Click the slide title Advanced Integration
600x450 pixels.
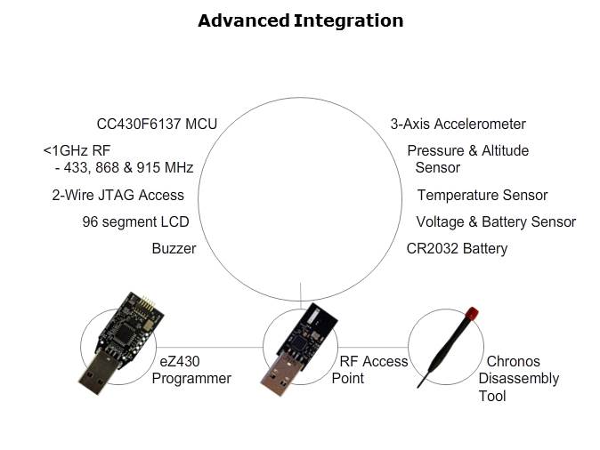pyautogui.click(x=300, y=20)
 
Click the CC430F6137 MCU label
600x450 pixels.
pyautogui.click(x=157, y=125)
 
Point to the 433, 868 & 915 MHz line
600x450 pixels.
pyautogui.click(x=124, y=167)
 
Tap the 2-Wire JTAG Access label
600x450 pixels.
pyautogui.click(x=118, y=195)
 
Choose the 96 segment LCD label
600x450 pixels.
pyautogui.click(x=135, y=221)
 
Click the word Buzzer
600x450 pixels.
pyautogui.click(x=174, y=248)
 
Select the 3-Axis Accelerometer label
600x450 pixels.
pyautogui.click(x=458, y=125)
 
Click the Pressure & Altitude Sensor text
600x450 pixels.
pyautogui.click(x=467, y=158)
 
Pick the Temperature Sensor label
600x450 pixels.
pyautogui.click(x=482, y=195)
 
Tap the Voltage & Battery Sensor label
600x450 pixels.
pyautogui.click(x=496, y=221)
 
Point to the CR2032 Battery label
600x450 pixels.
pyautogui.click(x=457, y=248)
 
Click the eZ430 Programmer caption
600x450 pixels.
pyautogui.click(x=191, y=370)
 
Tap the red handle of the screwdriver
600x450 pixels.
pyautogui.click(x=472, y=313)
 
